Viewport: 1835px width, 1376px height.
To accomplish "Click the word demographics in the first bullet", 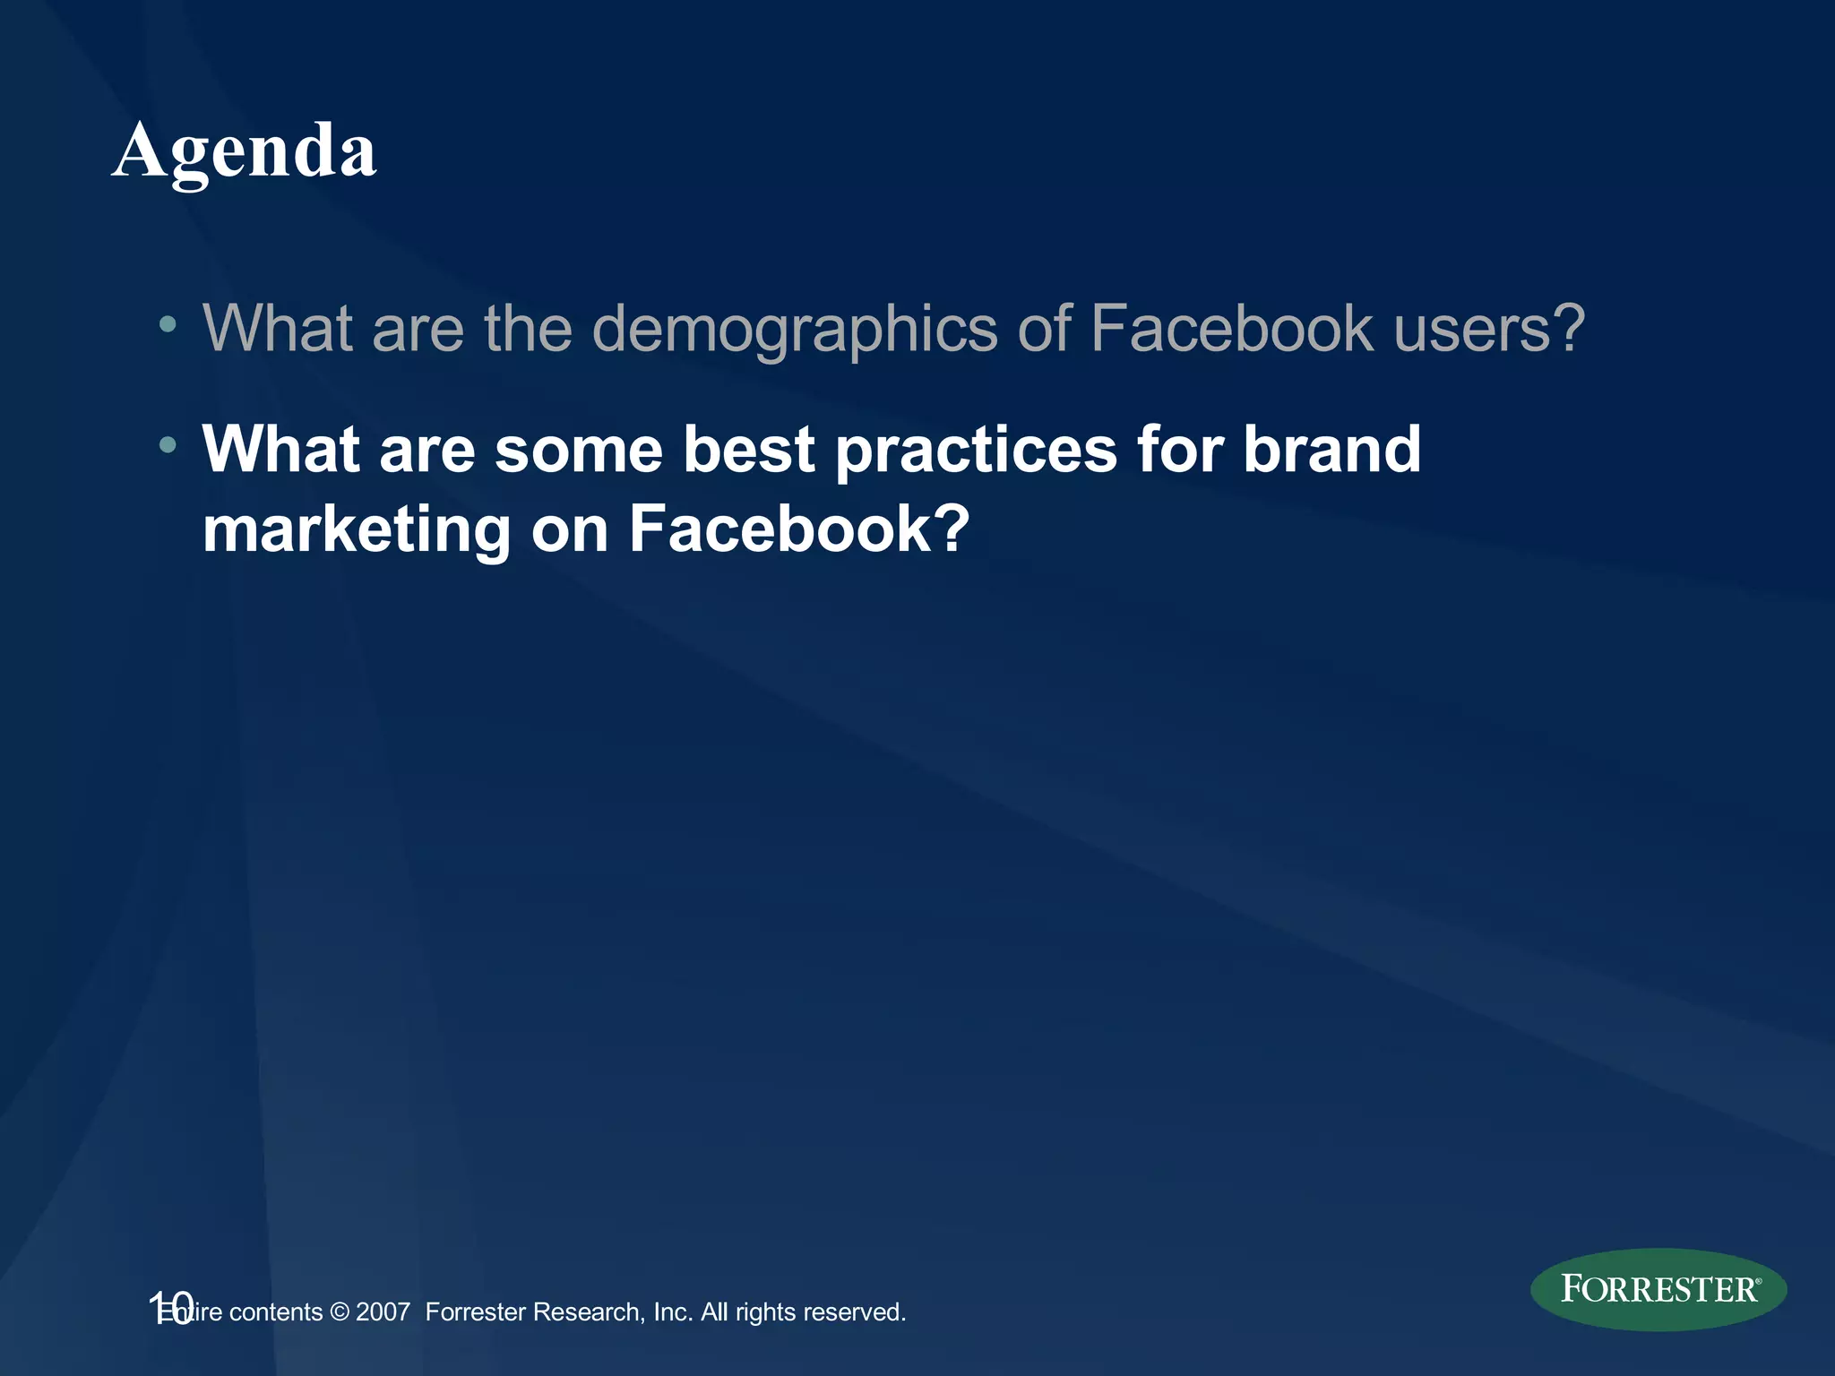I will coord(794,330).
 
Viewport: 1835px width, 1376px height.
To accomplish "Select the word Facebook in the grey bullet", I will coord(1232,328).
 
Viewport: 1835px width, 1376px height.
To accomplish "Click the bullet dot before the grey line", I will coord(168,324).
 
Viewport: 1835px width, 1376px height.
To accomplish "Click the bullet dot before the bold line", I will coord(168,444).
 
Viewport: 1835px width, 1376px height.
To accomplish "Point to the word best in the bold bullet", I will coord(748,449).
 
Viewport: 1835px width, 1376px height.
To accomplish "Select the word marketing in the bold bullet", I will coord(356,530).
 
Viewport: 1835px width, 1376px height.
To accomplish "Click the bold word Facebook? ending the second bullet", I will coord(798,529).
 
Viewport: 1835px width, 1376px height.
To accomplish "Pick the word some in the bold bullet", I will coord(578,449).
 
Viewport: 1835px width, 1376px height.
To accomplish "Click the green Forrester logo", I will coord(1658,1289).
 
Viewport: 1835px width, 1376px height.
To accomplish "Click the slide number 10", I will coord(170,1308).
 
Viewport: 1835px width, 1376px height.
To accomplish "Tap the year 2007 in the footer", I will coord(383,1312).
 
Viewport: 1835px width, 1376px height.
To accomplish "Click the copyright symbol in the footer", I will coord(339,1312).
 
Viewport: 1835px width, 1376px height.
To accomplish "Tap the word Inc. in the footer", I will coord(673,1312).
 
